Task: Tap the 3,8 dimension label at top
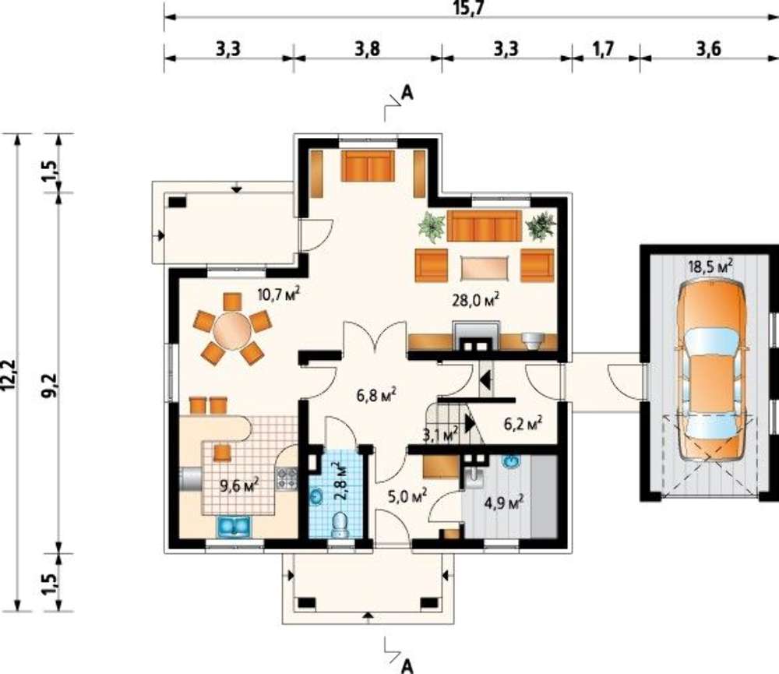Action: click(x=368, y=49)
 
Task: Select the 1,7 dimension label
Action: click(x=603, y=49)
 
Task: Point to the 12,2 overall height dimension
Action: click(x=10, y=375)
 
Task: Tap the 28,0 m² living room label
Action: click(x=475, y=299)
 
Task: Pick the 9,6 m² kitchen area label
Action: click(x=239, y=485)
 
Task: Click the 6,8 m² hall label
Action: click(x=376, y=395)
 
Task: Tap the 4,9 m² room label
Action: click(x=503, y=503)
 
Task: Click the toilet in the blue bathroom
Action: click(x=340, y=524)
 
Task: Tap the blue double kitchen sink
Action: click(x=234, y=527)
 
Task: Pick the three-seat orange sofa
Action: click(x=485, y=226)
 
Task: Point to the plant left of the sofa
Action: click(x=432, y=228)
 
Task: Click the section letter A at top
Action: click(x=407, y=93)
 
